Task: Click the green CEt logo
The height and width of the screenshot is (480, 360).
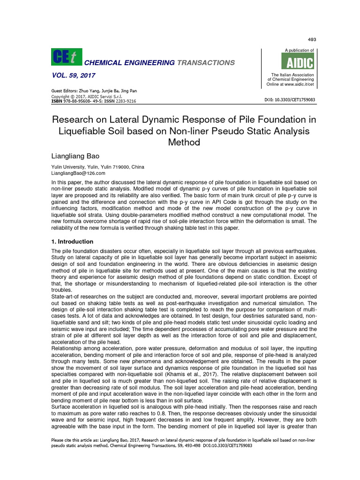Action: [x=66, y=57]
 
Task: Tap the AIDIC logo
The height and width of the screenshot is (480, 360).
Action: [x=297, y=62]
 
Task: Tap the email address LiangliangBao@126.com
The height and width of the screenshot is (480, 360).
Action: [x=78, y=173]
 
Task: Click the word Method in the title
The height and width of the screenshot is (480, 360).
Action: [x=184, y=142]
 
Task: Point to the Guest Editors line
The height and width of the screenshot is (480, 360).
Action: [x=94, y=91]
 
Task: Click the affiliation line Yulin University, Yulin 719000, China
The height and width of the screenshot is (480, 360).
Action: [x=97, y=167]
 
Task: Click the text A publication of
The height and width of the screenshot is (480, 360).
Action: [x=299, y=50]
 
